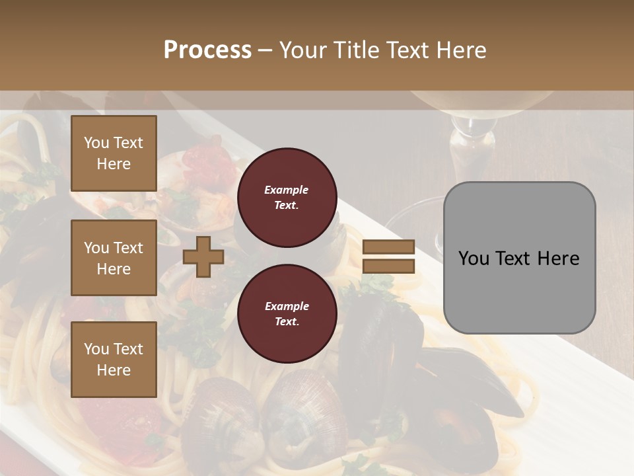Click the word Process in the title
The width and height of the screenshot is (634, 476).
(x=207, y=50)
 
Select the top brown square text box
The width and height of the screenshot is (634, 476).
(x=114, y=153)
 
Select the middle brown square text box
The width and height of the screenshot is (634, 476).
(x=114, y=258)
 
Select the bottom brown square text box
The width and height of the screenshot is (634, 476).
(x=114, y=359)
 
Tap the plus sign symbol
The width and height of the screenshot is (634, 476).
(x=203, y=257)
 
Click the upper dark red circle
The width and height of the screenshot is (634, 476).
(x=287, y=198)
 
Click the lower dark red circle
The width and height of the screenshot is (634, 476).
(x=287, y=314)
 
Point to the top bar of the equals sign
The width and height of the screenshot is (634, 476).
(x=388, y=247)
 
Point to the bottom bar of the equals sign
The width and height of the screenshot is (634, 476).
(x=388, y=266)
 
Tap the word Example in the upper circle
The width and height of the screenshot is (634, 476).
(x=287, y=190)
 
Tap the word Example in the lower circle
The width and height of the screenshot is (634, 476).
(x=287, y=307)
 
